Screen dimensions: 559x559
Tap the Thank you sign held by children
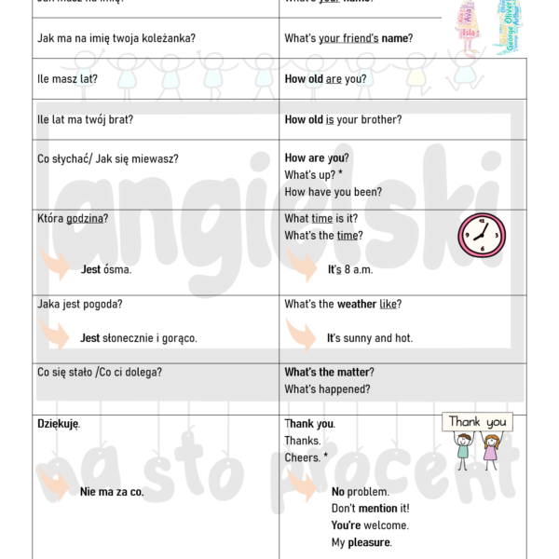point(477,422)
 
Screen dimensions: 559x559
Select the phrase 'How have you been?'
point(333,192)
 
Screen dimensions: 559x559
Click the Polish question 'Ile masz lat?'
point(67,79)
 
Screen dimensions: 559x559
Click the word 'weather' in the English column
point(357,304)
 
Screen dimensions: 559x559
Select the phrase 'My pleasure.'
point(361,542)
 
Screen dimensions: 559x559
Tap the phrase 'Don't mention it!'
point(370,509)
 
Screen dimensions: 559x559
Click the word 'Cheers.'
point(303,457)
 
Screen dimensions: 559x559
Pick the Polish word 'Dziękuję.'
point(59,424)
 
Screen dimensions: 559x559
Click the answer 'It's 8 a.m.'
point(349,269)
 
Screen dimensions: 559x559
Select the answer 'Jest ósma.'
point(106,269)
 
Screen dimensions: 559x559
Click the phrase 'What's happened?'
point(327,389)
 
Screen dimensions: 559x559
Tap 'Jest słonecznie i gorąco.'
point(139,338)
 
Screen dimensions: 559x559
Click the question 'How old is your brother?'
point(343,119)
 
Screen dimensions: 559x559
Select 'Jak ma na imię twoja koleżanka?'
point(116,38)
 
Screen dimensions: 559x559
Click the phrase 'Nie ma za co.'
point(112,492)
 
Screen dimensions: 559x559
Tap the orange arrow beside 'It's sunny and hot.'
point(300,334)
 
